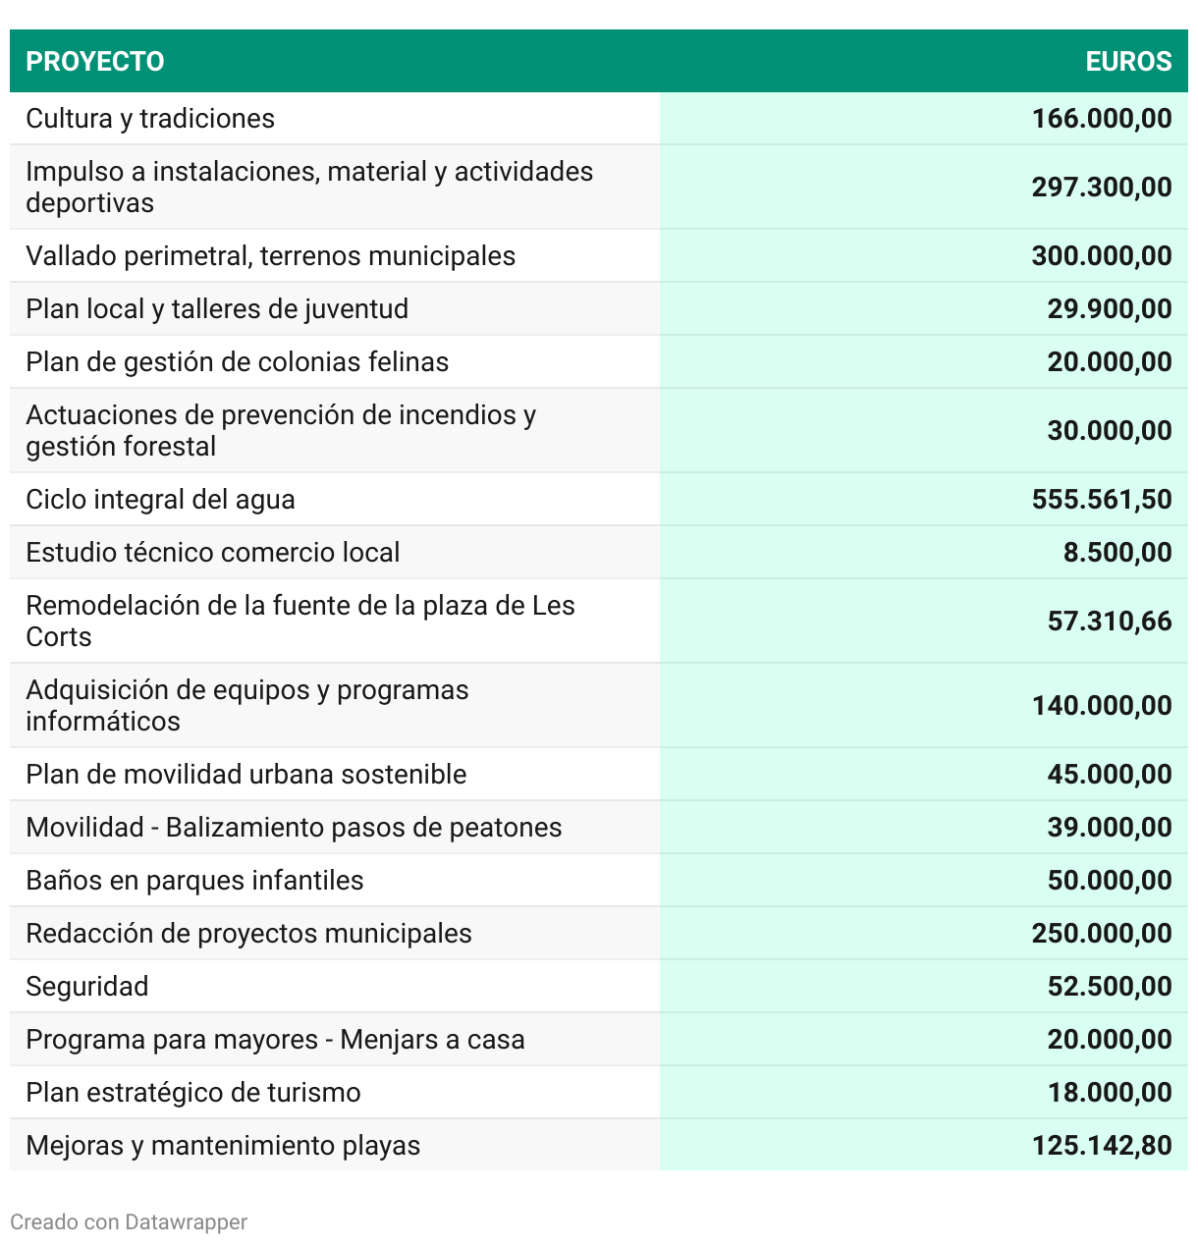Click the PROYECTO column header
[x=95, y=61]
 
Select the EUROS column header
[x=1128, y=61]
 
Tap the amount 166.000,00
[x=1102, y=119]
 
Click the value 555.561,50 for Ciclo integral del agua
[x=1102, y=500]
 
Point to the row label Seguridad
[x=87, y=987]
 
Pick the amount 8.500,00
[x=1117, y=553]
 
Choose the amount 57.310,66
[x=1110, y=622]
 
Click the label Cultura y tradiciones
[x=150, y=119]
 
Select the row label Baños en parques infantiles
[x=194, y=881]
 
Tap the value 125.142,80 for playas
[x=1102, y=1146]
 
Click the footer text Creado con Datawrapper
[x=129, y=1222]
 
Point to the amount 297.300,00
[x=1102, y=188]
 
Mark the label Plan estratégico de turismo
[x=193, y=1093]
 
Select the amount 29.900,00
[x=1110, y=309]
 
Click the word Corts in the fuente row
[x=59, y=637]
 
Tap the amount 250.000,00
[x=1102, y=934]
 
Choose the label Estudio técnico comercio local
[x=213, y=553]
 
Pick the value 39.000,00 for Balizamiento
[x=1110, y=828]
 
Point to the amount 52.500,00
[x=1110, y=987]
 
